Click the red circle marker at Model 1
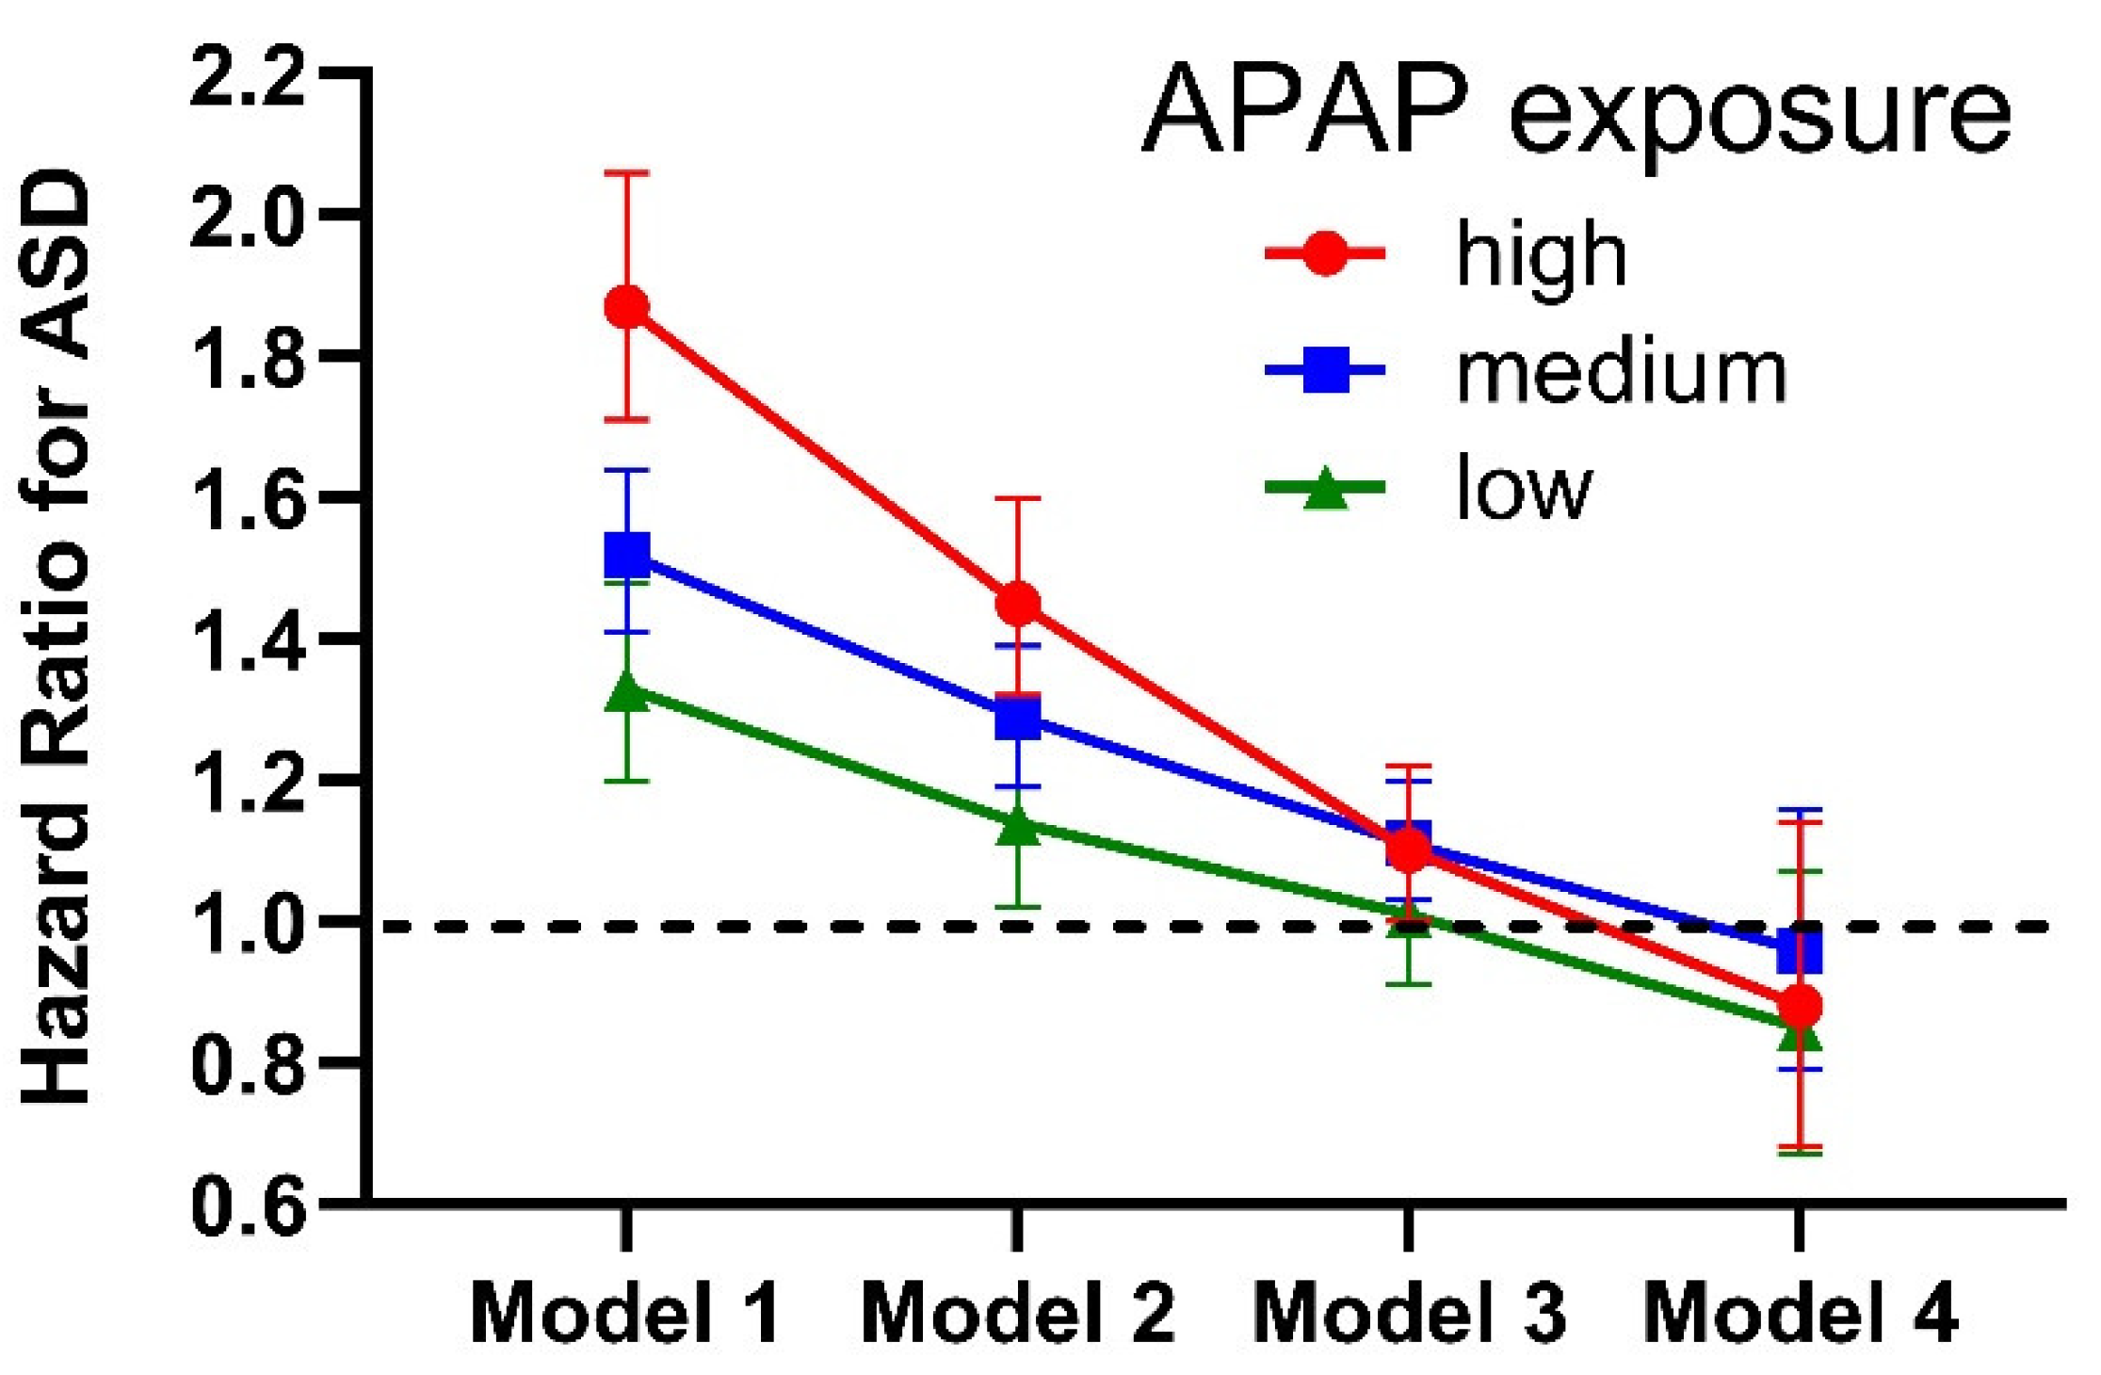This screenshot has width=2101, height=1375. click(x=626, y=307)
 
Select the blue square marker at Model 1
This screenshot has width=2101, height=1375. click(x=626, y=555)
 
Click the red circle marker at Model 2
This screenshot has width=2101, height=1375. click(x=1018, y=603)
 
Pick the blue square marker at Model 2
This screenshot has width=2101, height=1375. click(x=1018, y=720)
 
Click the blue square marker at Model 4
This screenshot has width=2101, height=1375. click(x=1800, y=952)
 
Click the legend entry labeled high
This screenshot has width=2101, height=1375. click(x=1541, y=254)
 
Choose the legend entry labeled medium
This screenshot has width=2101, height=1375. click(x=1620, y=372)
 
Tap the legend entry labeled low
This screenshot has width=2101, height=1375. click(x=1523, y=489)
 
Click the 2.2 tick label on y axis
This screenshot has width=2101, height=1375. click(x=248, y=75)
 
